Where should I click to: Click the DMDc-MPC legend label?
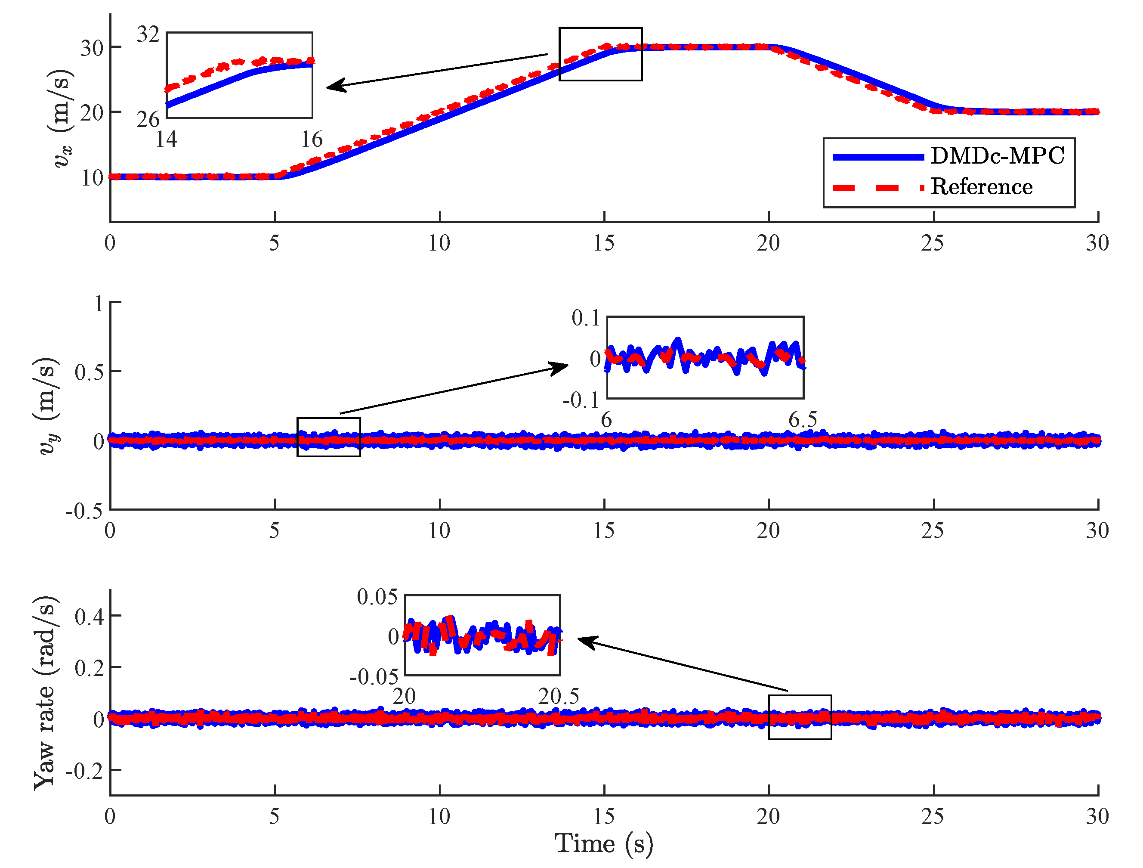coord(997,155)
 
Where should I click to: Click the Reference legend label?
coord(981,186)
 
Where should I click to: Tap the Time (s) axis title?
coord(603,844)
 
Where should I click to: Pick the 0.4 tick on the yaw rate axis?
coord(89,616)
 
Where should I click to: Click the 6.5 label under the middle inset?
coord(803,420)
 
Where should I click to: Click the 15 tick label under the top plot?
coord(603,243)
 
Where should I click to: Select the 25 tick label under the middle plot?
coord(932,530)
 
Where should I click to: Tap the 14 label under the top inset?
coord(167,139)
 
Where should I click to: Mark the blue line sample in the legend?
coord(878,157)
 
